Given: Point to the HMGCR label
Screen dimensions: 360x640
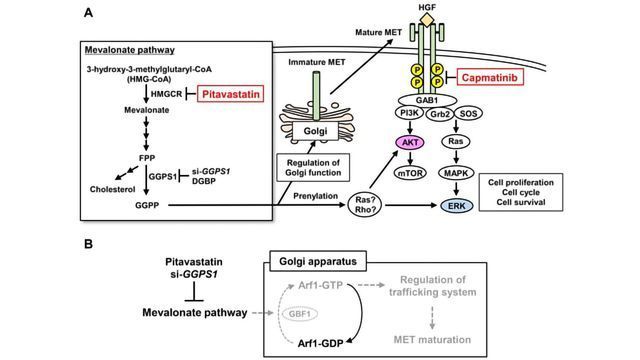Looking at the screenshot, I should [164, 97].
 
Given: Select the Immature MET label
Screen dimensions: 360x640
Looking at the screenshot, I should [311, 63].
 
